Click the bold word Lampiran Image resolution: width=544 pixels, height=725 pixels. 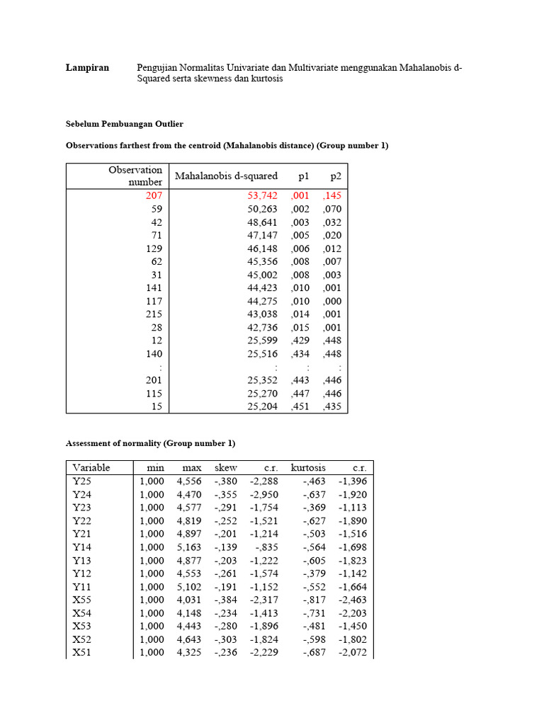coord(87,67)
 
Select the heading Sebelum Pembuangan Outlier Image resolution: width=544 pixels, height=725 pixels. coord(124,124)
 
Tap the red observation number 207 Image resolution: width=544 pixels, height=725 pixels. coord(154,195)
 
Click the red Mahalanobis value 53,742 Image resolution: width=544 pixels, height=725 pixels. coord(261,195)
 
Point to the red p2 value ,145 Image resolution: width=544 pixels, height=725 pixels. coord(331,195)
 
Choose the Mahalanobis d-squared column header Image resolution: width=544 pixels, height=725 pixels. coord(226,176)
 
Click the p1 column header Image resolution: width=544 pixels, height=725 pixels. coord(304,176)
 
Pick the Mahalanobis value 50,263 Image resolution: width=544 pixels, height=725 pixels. coord(261,209)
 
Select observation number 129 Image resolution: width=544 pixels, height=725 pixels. coord(154,249)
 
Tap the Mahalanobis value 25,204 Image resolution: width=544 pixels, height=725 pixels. coord(261,406)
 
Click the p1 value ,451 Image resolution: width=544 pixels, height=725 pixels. coord(300,406)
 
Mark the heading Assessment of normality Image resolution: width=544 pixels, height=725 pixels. coord(149,443)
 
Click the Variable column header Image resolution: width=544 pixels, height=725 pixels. coord(91,468)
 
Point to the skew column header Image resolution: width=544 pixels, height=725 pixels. coord(226,468)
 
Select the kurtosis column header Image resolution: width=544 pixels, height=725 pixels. coord(308,468)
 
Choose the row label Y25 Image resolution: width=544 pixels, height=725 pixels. coord(81,481)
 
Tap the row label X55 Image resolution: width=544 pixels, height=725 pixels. coord(81,600)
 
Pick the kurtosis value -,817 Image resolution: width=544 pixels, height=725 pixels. coord(314,600)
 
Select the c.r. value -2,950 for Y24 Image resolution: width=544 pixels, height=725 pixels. coord(263,495)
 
